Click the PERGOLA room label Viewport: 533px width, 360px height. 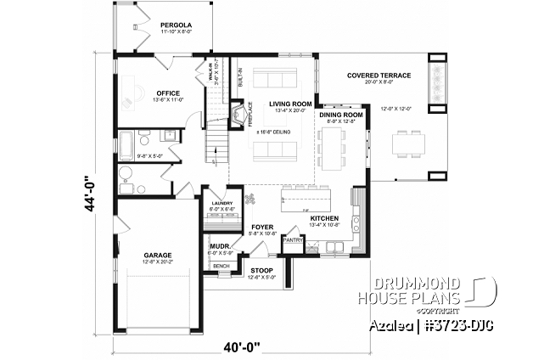[177, 26]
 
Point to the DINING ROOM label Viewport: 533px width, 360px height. [341, 114]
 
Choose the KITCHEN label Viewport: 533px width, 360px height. [324, 218]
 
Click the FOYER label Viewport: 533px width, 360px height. [261, 228]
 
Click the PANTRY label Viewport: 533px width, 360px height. [293, 240]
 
